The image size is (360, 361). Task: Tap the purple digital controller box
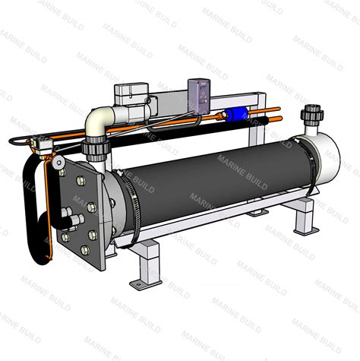[x=199, y=97]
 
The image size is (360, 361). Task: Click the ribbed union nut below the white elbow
[x=96, y=150]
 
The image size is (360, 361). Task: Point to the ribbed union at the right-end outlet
[x=312, y=113]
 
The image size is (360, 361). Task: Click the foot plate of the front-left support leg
[x=146, y=284]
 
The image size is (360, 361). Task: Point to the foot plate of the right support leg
[x=306, y=231]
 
